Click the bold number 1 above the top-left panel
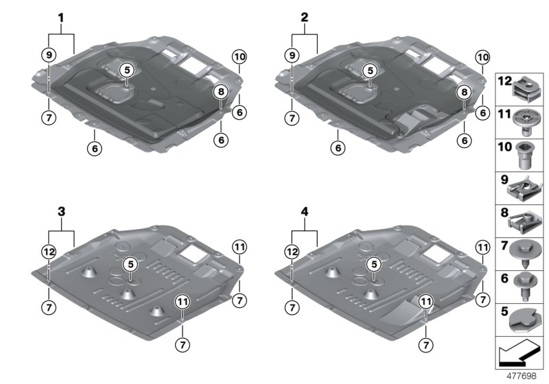click(x=61, y=16)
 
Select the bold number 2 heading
click(x=305, y=16)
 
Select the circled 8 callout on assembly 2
click(x=464, y=92)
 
